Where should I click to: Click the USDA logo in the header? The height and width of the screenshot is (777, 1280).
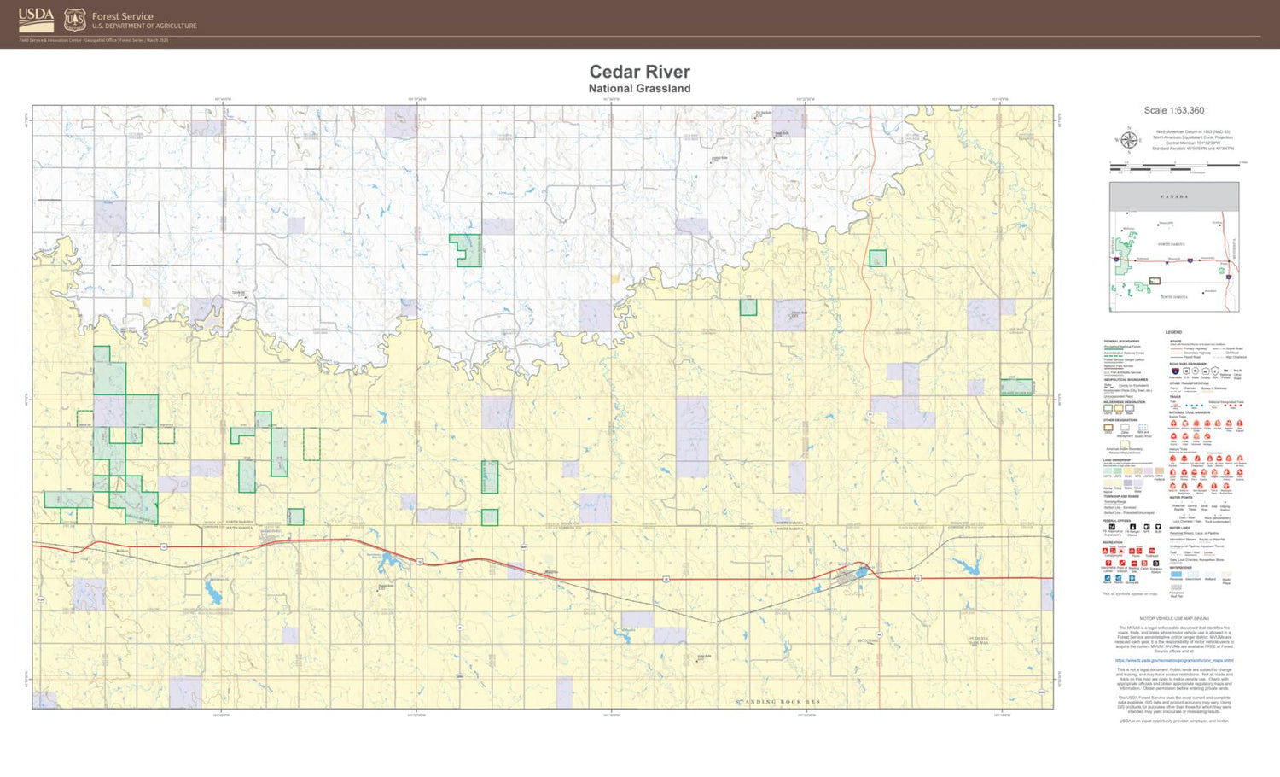click(x=36, y=19)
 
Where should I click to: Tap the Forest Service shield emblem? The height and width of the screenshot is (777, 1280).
click(x=75, y=20)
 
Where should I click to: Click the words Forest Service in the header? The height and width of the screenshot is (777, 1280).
click(x=123, y=16)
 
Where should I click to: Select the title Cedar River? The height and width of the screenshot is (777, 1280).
click(x=639, y=72)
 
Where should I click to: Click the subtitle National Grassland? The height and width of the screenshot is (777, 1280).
click(x=639, y=89)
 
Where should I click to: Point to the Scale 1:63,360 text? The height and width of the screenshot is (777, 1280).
click(x=1173, y=110)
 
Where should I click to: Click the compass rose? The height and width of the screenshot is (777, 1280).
click(x=1128, y=140)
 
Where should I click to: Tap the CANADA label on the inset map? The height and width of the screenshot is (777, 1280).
click(x=1174, y=196)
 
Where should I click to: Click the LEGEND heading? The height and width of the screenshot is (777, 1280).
click(x=1173, y=332)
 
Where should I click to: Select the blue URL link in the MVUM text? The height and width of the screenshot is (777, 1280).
click(x=1173, y=660)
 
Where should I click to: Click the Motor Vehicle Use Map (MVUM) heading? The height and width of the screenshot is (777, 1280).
click(x=1174, y=618)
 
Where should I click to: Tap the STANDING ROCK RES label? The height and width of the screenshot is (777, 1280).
click(x=777, y=702)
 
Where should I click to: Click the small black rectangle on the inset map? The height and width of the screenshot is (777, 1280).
click(x=1155, y=281)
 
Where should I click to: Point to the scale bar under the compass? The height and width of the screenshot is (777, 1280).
click(x=1174, y=165)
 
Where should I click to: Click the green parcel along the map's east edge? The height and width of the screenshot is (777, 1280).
click(x=1016, y=387)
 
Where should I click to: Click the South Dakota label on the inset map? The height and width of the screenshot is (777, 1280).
click(x=1174, y=297)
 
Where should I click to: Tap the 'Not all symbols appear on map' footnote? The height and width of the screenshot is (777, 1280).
click(x=1130, y=593)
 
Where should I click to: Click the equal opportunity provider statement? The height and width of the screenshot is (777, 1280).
click(x=1173, y=721)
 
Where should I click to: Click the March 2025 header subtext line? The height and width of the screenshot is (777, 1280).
click(x=94, y=40)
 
